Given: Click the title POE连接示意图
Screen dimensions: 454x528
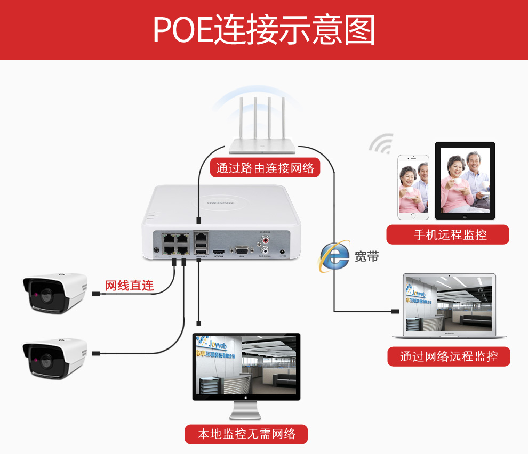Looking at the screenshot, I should [264, 29].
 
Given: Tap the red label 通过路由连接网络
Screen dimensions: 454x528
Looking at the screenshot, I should [265, 168].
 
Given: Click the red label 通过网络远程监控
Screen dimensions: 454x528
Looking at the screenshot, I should [449, 356].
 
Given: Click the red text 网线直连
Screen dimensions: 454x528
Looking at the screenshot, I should [129, 286].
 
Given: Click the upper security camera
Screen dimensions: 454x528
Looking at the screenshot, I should [54, 292].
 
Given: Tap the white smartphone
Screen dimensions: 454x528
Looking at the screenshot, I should [413, 187].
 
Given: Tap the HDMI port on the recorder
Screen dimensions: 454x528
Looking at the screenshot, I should [219, 250].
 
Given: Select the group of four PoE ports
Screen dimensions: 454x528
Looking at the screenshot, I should [175, 242].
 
